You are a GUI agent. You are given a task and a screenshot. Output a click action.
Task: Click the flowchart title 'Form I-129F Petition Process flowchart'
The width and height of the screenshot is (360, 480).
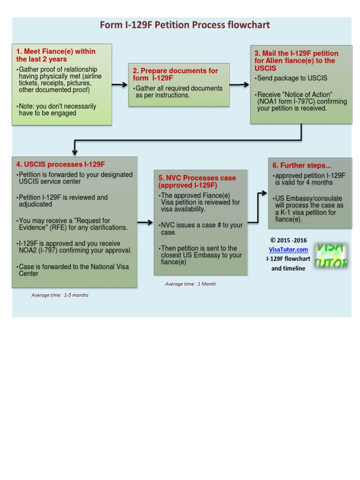[185, 25]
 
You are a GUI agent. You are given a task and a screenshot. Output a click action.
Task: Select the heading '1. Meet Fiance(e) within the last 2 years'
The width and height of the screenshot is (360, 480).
[55, 55]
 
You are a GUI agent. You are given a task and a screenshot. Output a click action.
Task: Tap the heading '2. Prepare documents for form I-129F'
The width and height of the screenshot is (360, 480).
[175, 74]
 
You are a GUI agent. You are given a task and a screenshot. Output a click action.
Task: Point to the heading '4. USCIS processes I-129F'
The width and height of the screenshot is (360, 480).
[60, 165]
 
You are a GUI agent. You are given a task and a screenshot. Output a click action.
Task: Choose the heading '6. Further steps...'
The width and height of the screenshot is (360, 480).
[302, 165]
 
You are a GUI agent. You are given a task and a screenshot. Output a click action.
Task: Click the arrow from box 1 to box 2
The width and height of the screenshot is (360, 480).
[120, 85]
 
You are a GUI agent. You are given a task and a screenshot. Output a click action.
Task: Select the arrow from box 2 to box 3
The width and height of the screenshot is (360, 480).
[240, 85]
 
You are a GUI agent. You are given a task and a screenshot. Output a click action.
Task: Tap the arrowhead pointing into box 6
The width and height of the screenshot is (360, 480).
[263, 193]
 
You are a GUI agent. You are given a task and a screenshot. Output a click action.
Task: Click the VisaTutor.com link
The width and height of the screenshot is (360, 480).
[288, 250]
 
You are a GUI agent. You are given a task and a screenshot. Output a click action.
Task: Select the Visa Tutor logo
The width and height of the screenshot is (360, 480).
[331, 256]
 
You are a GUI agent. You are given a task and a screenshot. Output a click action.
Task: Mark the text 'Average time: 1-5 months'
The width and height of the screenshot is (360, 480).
[60, 295]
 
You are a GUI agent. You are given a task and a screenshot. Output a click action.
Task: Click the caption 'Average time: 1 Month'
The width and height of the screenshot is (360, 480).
[190, 284]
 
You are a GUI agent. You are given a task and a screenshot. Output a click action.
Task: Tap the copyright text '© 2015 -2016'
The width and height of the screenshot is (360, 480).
[288, 240]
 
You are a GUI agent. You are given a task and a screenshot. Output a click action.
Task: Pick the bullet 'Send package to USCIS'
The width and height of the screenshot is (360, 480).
[291, 78]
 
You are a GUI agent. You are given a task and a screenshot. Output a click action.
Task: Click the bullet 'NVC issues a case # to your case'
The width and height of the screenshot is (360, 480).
[201, 229]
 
